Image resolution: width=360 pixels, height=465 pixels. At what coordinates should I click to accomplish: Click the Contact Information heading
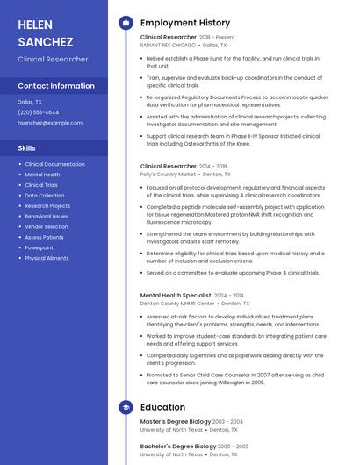(x=56, y=86)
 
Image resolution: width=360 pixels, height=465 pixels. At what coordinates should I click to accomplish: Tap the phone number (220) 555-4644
(x=39, y=112)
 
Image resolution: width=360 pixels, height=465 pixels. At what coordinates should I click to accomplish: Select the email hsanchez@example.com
(x=50, y=123)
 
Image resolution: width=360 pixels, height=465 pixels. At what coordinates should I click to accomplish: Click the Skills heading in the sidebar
(x=27, y=148)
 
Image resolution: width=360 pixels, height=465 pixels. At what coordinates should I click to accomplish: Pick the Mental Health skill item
(x=42, y=175)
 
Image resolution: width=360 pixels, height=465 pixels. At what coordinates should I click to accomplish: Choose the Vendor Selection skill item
(x=47, y=226)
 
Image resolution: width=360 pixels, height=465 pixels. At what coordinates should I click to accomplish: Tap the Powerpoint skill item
(x=40, y=247)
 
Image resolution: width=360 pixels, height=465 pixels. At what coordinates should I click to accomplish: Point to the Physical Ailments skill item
(x=47, y=258)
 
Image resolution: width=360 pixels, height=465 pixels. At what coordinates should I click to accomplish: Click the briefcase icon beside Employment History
(x=126, y=23)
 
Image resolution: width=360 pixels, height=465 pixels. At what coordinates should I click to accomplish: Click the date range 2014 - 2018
(x=213, y=166)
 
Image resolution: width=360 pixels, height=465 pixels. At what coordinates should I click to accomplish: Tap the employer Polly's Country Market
(x=169, y=175)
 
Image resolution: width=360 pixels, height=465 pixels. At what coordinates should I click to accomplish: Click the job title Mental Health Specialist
(x=176, y=296)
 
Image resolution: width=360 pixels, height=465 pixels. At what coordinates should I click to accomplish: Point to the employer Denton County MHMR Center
(x=177, y=304)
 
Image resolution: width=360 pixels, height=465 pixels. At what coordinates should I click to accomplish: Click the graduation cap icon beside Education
(x=126, y=407)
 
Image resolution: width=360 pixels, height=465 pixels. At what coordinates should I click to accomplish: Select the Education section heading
(x=162, y=407)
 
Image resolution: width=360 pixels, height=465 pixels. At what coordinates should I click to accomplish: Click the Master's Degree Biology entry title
(x=176, y=422)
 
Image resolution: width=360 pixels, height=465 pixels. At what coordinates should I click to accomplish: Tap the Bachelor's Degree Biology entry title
(x=176, y=446)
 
